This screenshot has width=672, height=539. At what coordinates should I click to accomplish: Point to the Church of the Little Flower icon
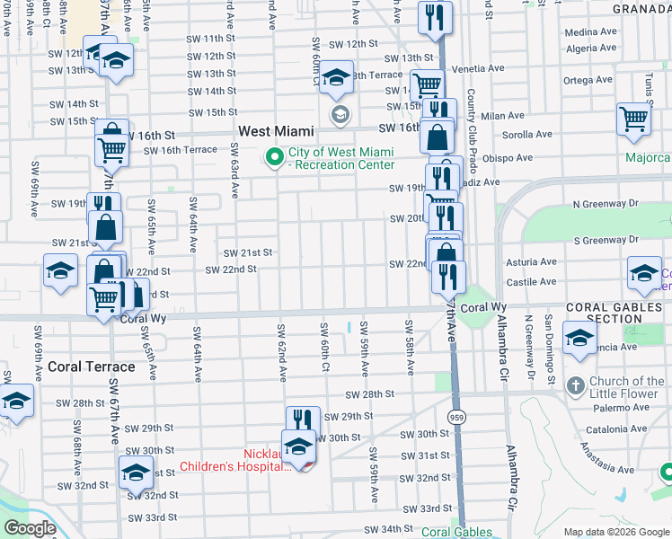pos(576,386)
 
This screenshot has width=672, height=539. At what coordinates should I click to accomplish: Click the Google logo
pos(30,528)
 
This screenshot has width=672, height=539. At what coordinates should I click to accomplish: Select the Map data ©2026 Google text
pos(615,532)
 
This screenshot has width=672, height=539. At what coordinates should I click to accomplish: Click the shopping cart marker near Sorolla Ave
pos(633,118)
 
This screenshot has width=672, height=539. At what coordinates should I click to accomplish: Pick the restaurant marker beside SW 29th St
pos(303,420)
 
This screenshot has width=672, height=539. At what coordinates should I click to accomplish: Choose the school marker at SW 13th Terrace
pos(337,79)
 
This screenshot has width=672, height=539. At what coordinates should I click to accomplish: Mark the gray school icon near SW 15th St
pos(340,114)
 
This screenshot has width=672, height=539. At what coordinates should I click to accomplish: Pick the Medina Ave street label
pos(591,32)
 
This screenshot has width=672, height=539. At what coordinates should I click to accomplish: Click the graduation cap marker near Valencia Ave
pos(579,338)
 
